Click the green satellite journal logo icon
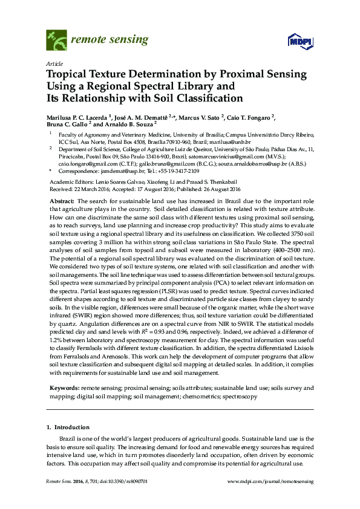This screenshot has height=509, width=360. (x=56, y=41)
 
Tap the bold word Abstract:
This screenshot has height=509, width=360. (x=62, y=200)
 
